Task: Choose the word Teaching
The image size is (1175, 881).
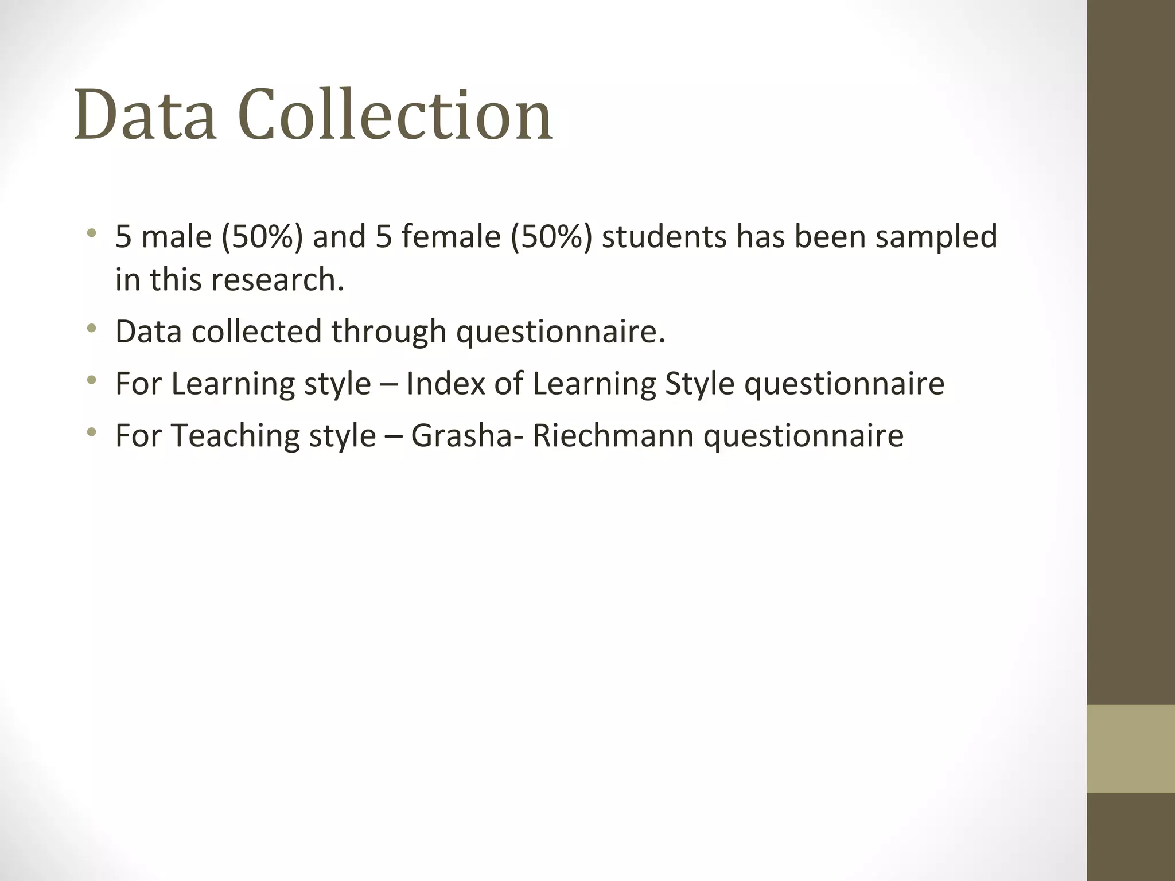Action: [x=235, y=436]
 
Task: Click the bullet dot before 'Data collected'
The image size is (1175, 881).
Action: [x=91, y=329]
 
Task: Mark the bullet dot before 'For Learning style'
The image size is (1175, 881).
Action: [x=91, y=380]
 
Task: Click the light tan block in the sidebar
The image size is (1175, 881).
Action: [x=1130, y=749]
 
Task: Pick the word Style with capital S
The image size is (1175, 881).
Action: [x=699, y=384]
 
